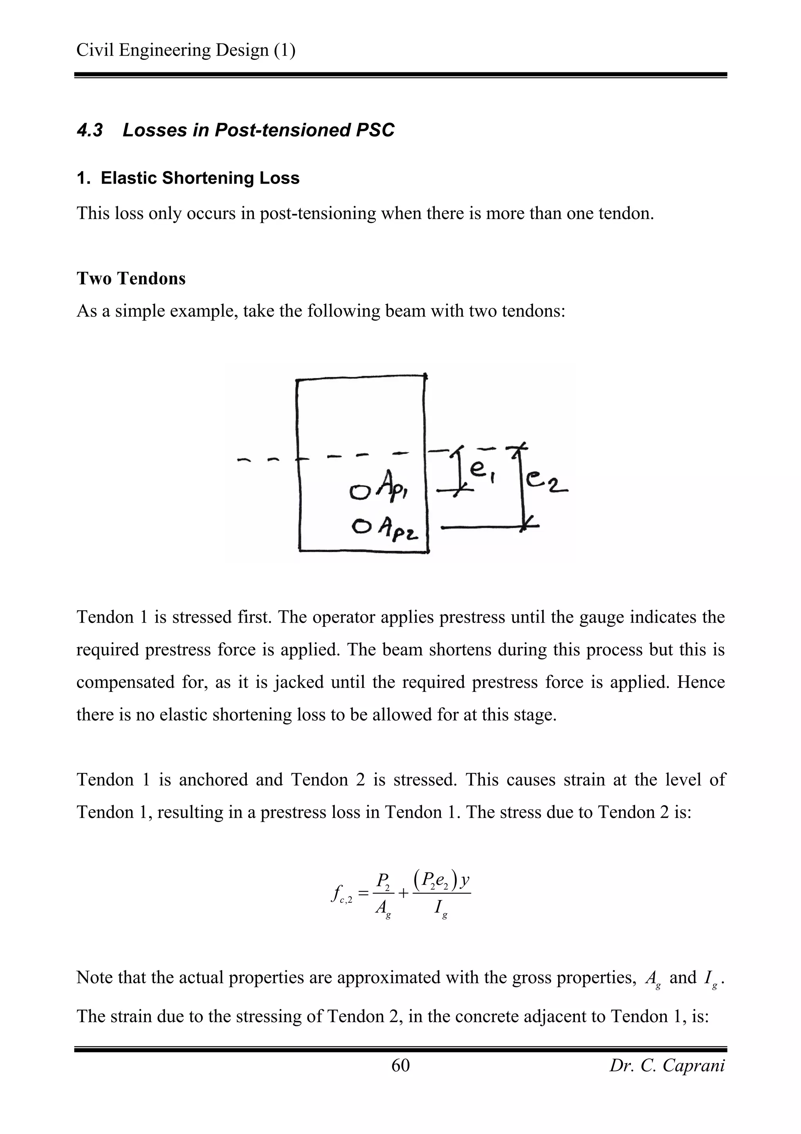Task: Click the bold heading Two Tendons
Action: [x=131, y=279]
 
